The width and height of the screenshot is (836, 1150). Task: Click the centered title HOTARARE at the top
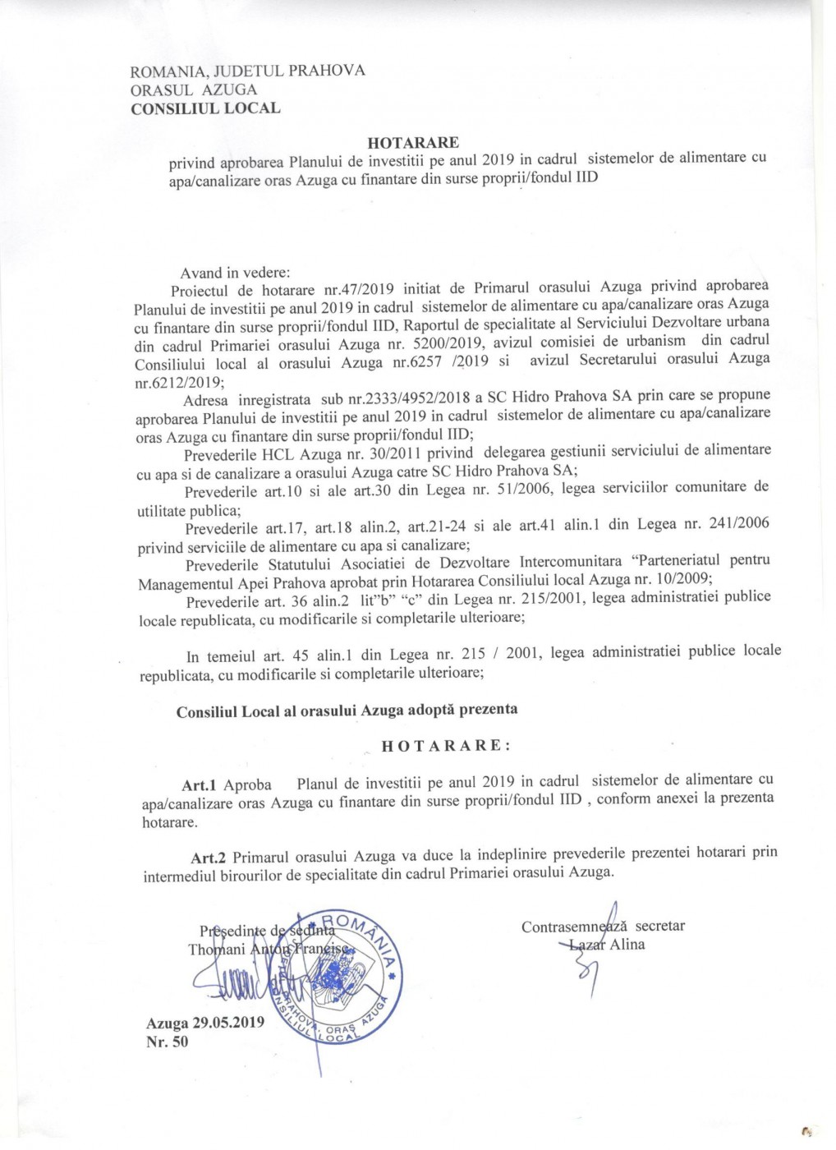click(x=413, y=142)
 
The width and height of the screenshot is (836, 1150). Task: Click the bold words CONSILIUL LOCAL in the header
click(x=205, y=108)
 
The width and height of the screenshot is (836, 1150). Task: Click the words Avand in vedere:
click(x=235, y=273)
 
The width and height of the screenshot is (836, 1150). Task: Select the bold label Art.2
click(x=209, y=858)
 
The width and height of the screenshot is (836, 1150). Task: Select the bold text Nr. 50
click(x=167, y=1042)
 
